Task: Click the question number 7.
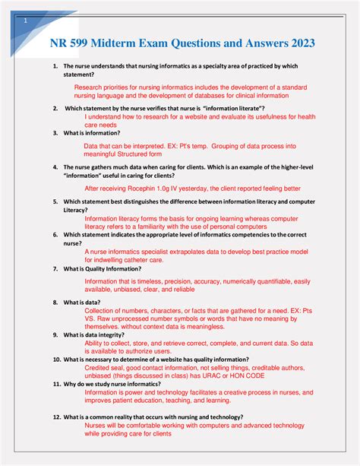(55, 268)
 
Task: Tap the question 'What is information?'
(92, 132)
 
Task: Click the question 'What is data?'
(82, 302)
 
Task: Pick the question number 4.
(55, 166)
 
